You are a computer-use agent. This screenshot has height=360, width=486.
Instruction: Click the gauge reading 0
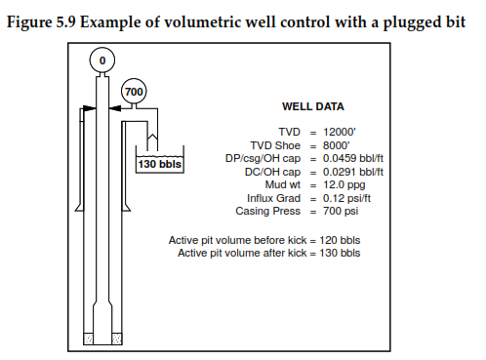tap(101, 60)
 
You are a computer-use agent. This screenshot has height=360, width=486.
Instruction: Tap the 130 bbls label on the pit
tap(159, 163)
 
